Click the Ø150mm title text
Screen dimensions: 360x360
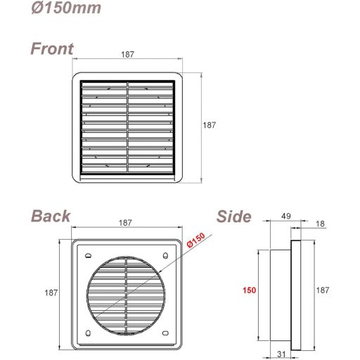(x=65, y=8)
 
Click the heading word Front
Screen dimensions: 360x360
(x=51, y=49)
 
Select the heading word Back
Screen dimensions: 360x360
(x=51, y=215)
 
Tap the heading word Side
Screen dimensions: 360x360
(x=234, y=217)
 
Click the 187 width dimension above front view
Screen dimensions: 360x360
(x=127, y=54)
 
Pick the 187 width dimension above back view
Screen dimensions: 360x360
(x=125, y=223)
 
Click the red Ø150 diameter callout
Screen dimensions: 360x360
(x=196, y=240)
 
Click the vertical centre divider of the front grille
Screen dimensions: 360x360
(x=127, y=128)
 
